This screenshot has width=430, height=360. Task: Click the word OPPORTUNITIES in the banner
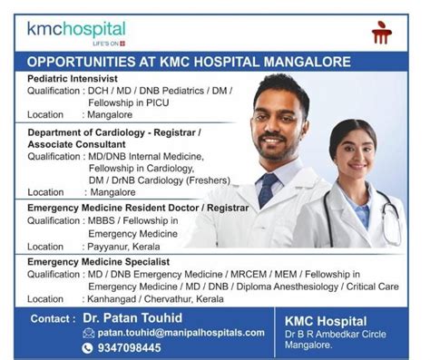[79, 62]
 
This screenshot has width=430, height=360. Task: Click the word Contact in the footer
[51, 319]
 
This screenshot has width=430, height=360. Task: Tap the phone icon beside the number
[88, 347]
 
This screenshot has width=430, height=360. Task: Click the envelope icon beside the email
[88, 333]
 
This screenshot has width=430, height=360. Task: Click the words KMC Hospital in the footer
[326, 321]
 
